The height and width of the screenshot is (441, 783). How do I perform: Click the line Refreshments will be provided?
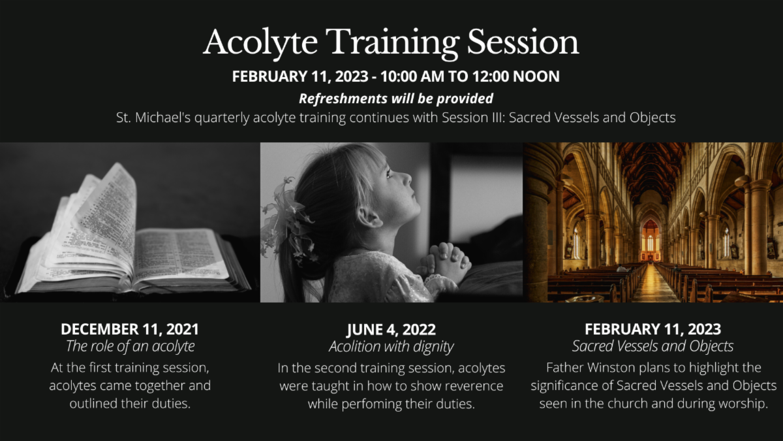[396, 99]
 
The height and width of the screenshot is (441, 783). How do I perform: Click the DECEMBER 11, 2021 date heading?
[130, 329]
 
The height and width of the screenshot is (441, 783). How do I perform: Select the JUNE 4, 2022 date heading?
[391, 329]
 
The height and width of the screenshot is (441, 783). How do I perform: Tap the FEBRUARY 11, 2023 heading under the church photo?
[652, 329]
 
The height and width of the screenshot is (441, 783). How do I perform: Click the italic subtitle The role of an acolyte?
[130, 346]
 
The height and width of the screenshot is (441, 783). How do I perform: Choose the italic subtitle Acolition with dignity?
[391, 346]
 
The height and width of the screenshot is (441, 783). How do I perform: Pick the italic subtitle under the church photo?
[652, 346]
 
